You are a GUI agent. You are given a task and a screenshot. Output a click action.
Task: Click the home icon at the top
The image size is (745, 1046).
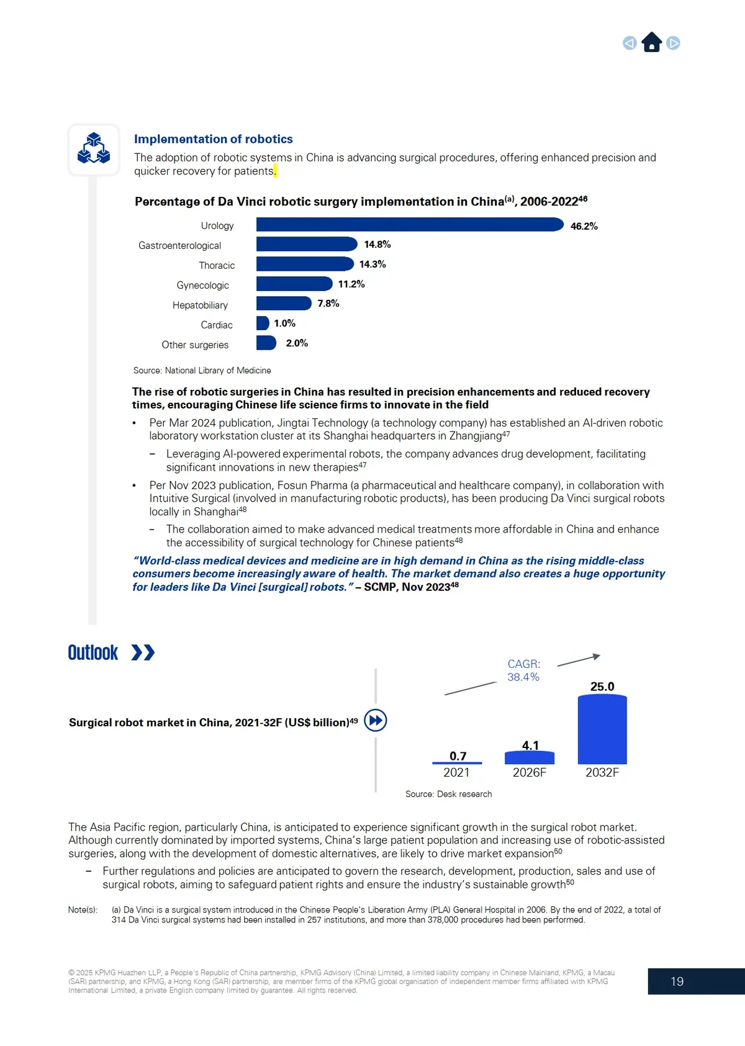pyautogui.click(x=651, y=42)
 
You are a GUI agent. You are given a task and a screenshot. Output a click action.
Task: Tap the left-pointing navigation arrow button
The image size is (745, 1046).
pyautogui.click(x=630, y=43)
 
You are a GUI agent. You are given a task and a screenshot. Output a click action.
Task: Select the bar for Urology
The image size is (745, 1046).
pyautogui.click(x=409, y=225)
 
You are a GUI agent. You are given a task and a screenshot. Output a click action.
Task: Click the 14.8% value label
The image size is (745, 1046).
pyautogui.click(x=377, y=245)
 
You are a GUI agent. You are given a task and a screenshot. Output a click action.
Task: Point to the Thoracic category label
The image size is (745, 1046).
pyautogui.click(x=217, y=266)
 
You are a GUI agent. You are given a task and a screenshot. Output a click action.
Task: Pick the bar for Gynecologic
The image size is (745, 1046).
pyautogui.click(x=294, y=284)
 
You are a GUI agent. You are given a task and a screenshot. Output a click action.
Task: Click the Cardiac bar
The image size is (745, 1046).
pyautogui.click(x=263, y=323)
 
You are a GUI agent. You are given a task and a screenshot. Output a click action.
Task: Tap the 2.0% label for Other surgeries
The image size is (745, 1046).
pyautogui.click(x=297, y=343)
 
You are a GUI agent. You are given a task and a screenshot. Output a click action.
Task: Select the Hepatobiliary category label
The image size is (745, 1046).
pyautogui.click(x=200, y=305)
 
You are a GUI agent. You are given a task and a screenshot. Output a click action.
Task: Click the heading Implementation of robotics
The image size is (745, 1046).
pyautogui.click(x=213, y=139)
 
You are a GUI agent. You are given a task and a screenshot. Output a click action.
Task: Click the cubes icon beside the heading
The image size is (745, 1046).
pyautogui.click(x=94, y=149)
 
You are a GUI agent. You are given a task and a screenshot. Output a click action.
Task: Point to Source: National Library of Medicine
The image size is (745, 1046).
pyautogui.click(x=202, y=371)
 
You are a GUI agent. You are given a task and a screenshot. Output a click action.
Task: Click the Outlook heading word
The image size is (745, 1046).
pyautogui.click(x=93, y=653)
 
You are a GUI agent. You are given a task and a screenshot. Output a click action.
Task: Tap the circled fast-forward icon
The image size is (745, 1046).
pyautogui.click(x=376, y=720)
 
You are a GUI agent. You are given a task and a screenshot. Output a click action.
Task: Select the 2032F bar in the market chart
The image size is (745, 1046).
pyautogui.click(x=602, y=729)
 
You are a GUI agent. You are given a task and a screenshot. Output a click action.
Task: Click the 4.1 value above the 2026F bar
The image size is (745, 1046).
pyautogui.click(x=530, y=745)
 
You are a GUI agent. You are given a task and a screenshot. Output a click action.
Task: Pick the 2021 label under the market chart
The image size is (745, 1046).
pyautogui.click(x=456, y=772)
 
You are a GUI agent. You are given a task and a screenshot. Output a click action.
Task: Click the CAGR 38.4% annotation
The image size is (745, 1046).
pyautogui.click(x=523, y=670)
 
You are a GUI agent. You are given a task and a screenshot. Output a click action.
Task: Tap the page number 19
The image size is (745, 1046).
pyautogui.click(x=677, y=981)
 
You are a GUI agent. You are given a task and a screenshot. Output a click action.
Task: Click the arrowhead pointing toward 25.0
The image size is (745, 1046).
pyautogui.click(x=597, y=656)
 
